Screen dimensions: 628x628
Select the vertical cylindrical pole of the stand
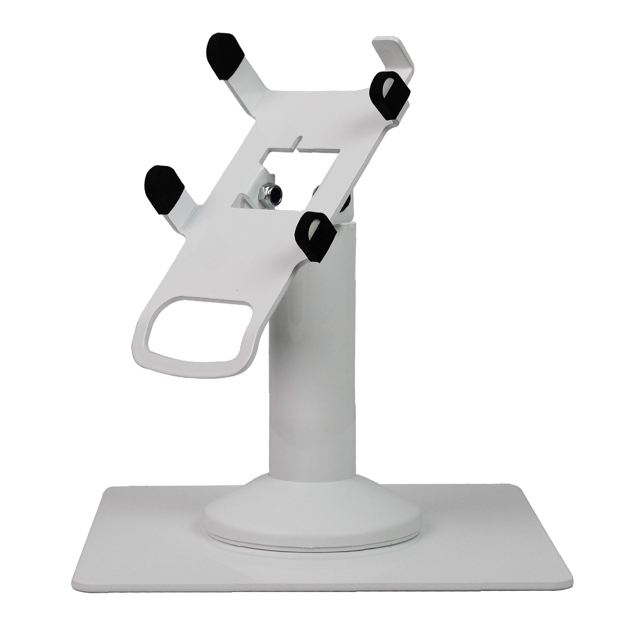(310, 377)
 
